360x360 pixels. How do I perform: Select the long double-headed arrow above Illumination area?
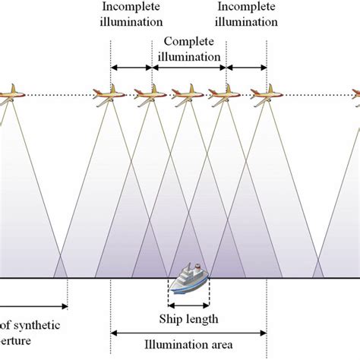(x=188, y=332)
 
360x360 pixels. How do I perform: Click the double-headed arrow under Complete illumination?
(x=189, y=68)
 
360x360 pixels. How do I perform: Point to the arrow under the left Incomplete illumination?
(x=131, y=68)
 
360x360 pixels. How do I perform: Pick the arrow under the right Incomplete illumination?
(x=247, y=68)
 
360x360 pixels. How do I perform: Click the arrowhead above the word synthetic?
(x=65, y=307)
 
